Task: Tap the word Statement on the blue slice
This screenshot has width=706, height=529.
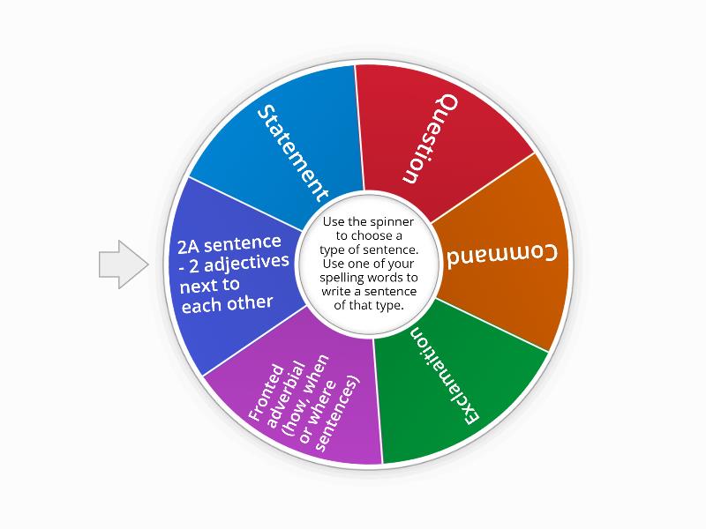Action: point(293,153)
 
